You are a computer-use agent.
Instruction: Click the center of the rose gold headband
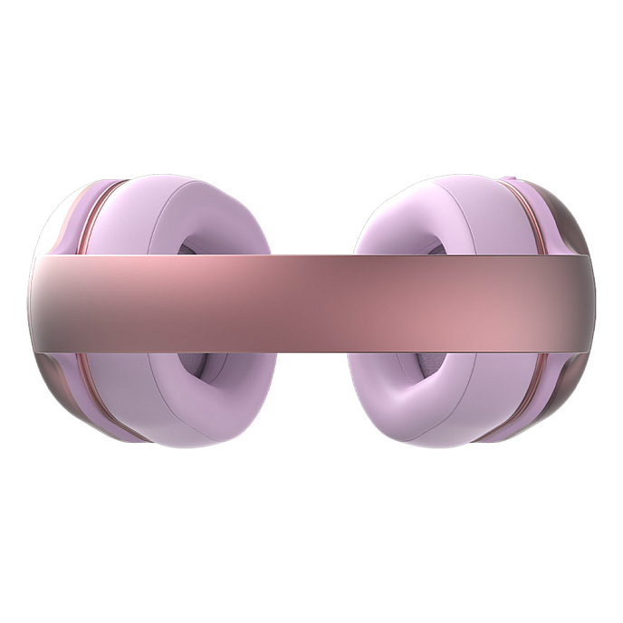coord(311,302)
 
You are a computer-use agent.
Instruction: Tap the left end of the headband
coord(41,302)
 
